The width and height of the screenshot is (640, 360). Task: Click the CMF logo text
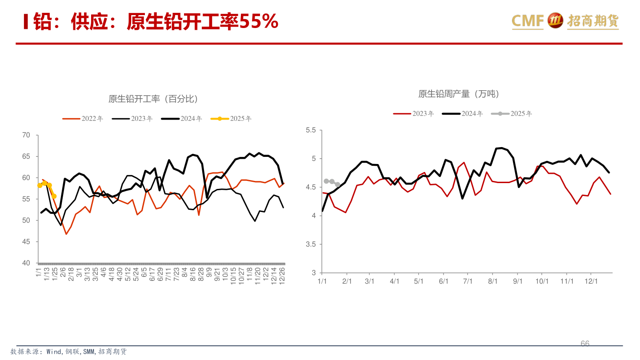528,21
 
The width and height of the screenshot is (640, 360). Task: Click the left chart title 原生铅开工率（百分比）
153,99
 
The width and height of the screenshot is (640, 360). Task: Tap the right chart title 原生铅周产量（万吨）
458,94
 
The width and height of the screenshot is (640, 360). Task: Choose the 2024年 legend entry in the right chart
463,113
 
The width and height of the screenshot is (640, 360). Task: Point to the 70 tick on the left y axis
26,135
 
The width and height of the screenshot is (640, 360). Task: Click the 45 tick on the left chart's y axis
26,242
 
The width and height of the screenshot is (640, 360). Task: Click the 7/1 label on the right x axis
468,282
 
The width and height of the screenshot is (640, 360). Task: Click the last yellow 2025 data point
54,196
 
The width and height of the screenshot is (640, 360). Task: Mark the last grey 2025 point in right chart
337,184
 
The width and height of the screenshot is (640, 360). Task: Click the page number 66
585,344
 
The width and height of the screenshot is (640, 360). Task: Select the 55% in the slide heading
259,21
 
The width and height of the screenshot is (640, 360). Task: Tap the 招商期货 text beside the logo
592,21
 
